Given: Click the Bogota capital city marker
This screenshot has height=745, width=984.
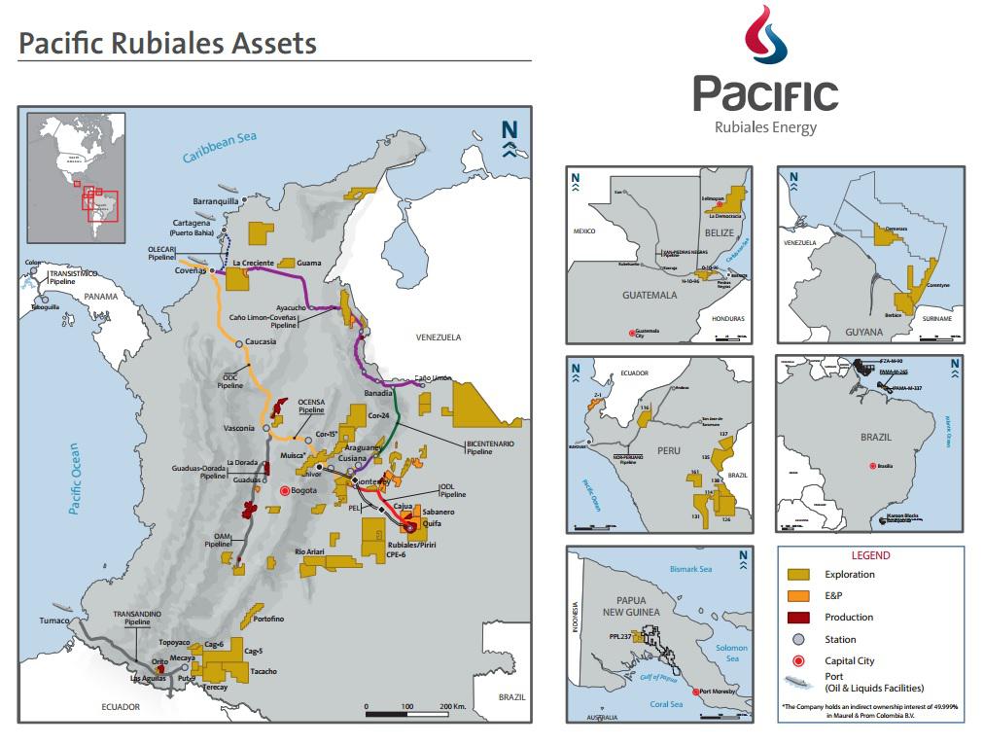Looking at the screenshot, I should [x=285, y=491].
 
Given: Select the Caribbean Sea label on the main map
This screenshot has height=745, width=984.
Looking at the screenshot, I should [x=220, y=147].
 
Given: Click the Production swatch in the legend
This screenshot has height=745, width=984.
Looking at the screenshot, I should [x=800, y=618].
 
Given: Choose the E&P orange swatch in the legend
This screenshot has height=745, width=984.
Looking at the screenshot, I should [x=800, y=596].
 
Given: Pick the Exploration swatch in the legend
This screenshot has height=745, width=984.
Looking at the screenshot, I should [x=800, y=575].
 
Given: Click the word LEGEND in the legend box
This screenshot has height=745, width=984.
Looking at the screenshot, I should [x=870, y=555].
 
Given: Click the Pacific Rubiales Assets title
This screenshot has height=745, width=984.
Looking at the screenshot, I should [x=168, y=44].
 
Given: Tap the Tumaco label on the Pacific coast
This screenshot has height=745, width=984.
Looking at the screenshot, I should [x=55, y=621].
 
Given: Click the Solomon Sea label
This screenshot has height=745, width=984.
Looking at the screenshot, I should [x=731, y=654].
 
